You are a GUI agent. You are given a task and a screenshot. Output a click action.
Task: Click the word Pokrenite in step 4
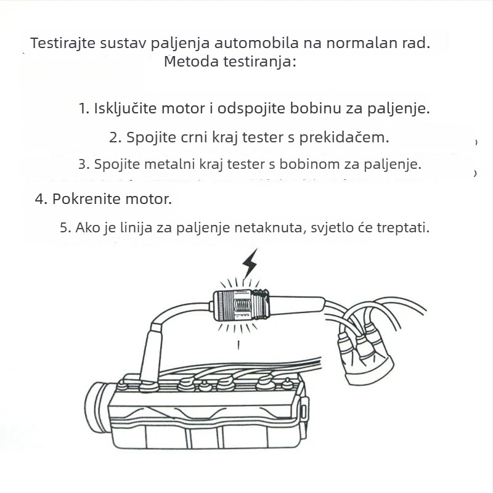pos(83,200)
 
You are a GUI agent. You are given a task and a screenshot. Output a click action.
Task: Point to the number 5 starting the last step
pos(63,227)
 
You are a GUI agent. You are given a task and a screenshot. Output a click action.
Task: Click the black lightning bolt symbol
pos(250,264)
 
